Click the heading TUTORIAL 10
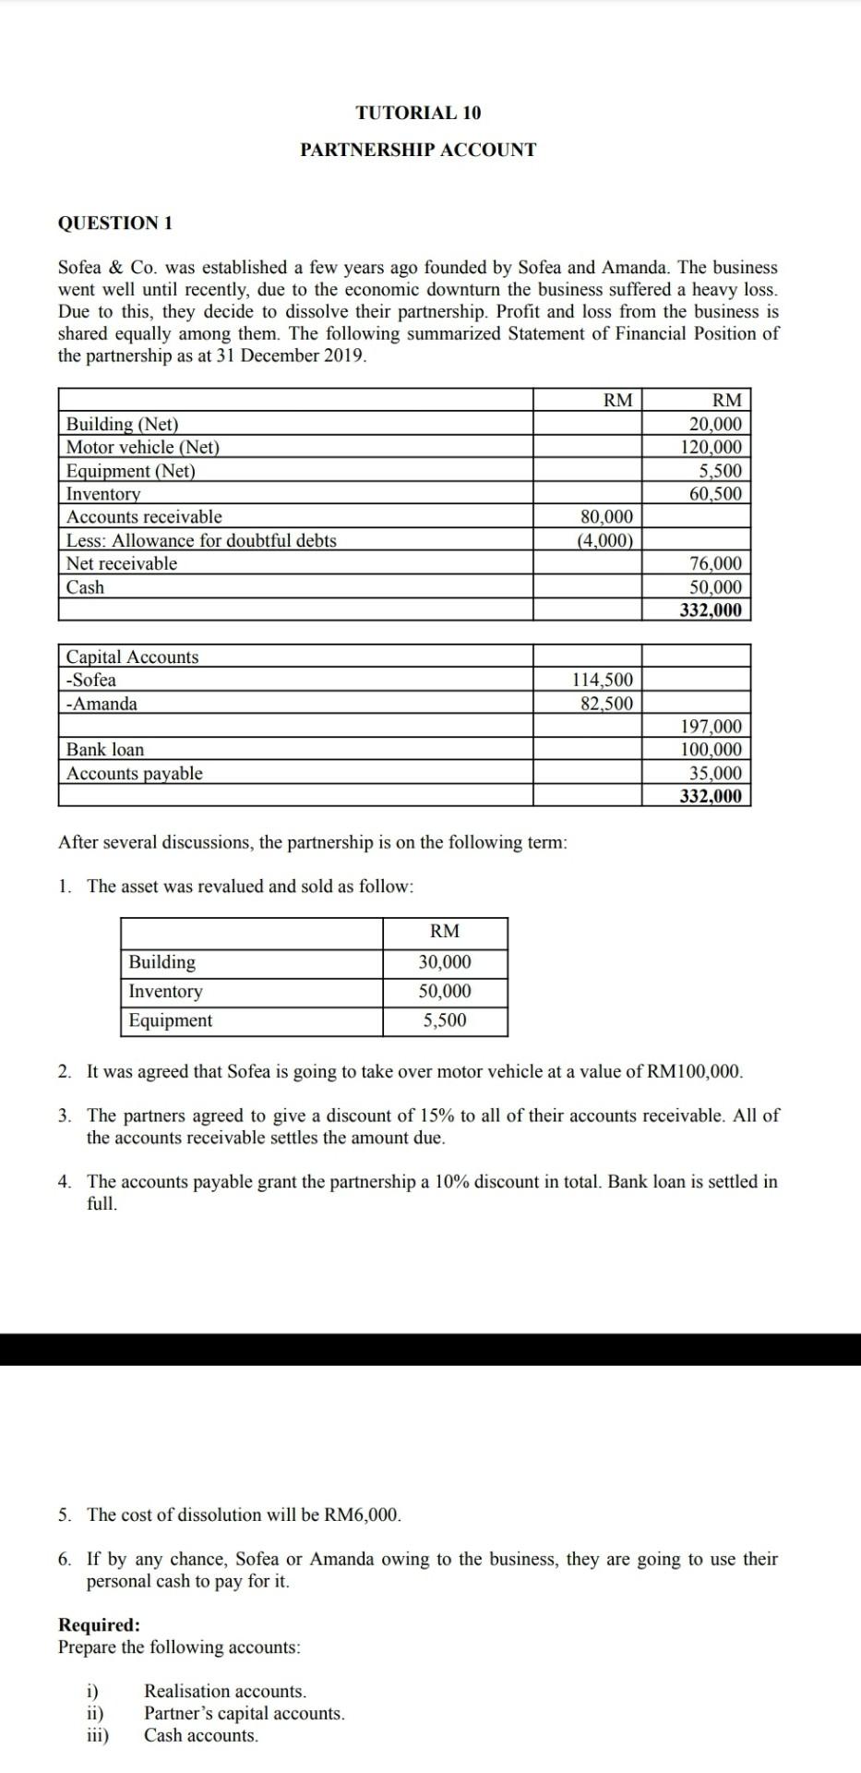[418, 113]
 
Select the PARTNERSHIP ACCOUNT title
[418, 150]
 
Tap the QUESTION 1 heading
[115, 223]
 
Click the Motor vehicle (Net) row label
[143, 448]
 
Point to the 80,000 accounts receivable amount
[606, 516]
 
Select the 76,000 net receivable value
[715, 563]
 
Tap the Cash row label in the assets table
[86, 587]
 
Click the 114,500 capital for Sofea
[603, 681]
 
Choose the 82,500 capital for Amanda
[606, 704]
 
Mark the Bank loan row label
[105, 750]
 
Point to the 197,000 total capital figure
[711, 727]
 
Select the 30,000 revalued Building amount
[445, 962]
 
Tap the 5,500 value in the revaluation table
[445, 1020]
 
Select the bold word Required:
[100, 1625]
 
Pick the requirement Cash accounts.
[201, 1735]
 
